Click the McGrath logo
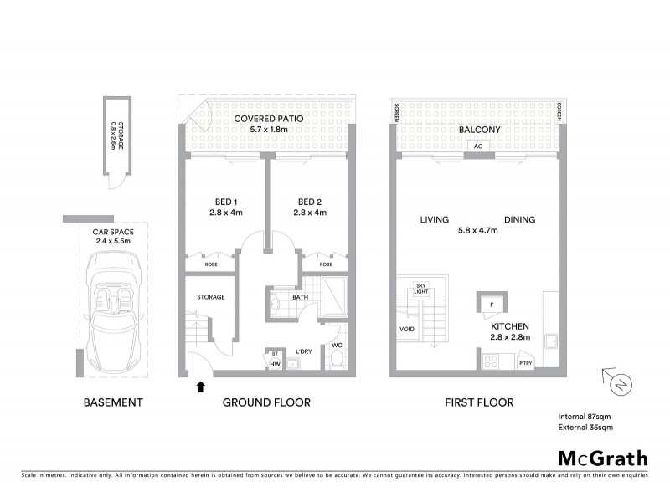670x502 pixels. [603, 458]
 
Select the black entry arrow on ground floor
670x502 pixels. [199, 387]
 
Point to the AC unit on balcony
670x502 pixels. [479, 146]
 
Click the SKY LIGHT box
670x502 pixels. [421, 289]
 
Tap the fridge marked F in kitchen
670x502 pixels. [492, 305]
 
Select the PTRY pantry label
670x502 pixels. [526, 363]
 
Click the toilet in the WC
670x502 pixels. [335, 360]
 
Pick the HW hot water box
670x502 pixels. [274, 363]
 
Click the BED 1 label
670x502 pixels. [224, 202]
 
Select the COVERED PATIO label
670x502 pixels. [268, 119]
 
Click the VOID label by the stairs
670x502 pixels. [408, 330]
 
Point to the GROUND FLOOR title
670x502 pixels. [266, 402]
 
